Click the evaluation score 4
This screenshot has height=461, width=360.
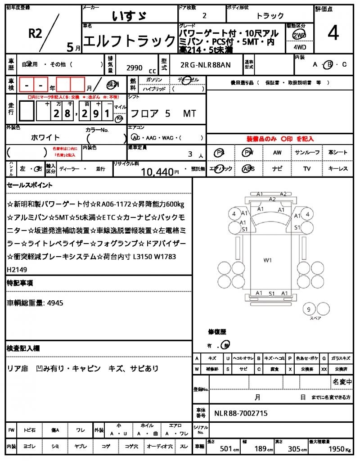point(333,34)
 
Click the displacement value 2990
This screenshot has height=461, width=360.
point(134,68)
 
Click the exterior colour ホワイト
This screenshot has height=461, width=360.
point(45,137)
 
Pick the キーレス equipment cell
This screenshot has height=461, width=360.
point(338,169)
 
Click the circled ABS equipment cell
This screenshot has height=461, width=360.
point(248,169)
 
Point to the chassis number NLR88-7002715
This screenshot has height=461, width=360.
point(241,413)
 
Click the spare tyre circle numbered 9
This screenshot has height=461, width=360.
point(309,309)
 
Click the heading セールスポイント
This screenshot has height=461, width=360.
point(30,185)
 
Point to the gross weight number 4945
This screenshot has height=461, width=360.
point(54,303)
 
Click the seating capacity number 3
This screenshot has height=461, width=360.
point(190,154)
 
